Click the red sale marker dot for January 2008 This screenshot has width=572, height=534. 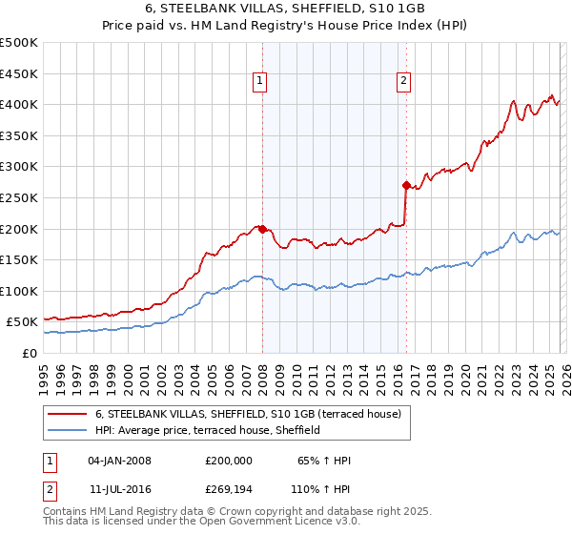click(x=262, y=229)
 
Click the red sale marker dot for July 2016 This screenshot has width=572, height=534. click(x=406, y=185)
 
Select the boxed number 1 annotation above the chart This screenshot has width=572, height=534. click(x=260, y=82)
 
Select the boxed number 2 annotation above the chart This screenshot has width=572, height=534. click(x=404, y=82)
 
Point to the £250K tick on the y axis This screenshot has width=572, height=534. click(x=19, y=197)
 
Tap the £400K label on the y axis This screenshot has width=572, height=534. click(x=19, y=104)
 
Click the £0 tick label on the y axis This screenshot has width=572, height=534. click(x=29, y=354)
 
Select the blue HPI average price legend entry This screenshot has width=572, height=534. click(x=207, y=430)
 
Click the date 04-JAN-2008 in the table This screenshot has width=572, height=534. click(x=119, y=461)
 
